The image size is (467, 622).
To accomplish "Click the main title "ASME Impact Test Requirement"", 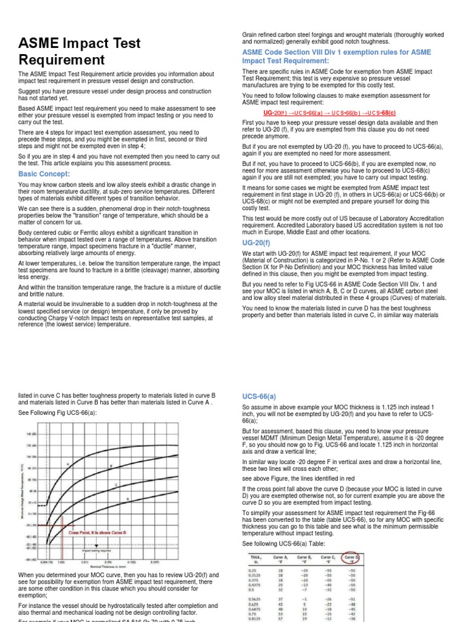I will tap(79, 52).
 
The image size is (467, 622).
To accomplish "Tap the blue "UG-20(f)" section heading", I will tap(257, 242).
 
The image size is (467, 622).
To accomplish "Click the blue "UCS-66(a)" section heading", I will tap(259, 396).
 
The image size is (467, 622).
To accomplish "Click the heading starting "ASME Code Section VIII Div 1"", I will tap(336, 56).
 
